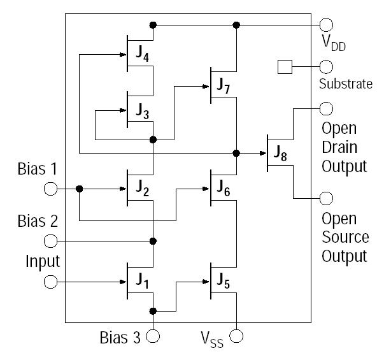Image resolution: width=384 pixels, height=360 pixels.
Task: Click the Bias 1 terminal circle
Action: click(50, 189)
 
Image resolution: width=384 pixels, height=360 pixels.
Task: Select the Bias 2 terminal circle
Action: click(50, 241)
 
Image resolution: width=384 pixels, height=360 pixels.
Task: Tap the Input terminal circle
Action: click(50, 281)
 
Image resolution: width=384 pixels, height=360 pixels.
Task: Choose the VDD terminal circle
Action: click(326, 25)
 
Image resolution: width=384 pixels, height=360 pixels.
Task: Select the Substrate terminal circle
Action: click(326, 67)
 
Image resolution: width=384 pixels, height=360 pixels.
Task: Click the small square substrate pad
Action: click(285, 67)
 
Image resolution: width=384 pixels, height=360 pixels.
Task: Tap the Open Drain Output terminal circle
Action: click(326, 109)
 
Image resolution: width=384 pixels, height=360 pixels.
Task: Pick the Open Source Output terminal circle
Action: click(326, 198)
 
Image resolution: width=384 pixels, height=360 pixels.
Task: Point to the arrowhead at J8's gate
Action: click(262, 153)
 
